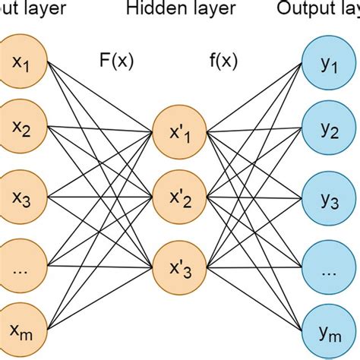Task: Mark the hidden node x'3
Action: click(178, 267)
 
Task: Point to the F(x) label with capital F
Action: click(116, 59)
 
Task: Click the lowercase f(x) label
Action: click(224, 59)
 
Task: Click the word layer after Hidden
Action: click(204, 8)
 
